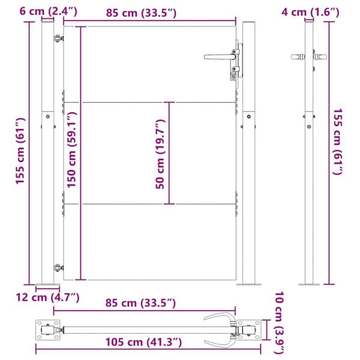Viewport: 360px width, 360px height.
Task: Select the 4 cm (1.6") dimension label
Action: [x=310, y=10]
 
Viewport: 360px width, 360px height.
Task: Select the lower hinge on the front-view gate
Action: [x=58, y=269]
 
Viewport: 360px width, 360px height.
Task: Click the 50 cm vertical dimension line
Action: [x=173, y=153]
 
